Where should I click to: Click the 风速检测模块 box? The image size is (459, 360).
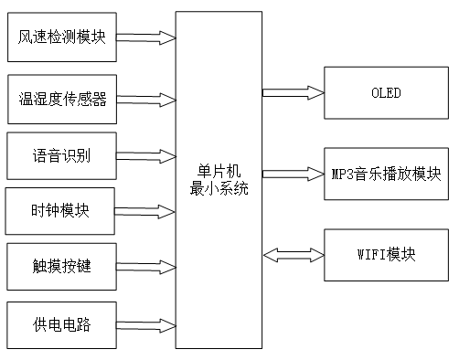point(62,38)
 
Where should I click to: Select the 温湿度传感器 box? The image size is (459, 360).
point(62,99)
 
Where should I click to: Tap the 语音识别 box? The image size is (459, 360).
point(61,155)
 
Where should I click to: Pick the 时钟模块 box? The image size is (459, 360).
point(60,211)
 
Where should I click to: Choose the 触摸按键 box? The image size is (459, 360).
point(61,268)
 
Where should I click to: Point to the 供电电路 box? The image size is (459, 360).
point(61,324)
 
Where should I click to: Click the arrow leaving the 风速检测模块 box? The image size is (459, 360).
point(145,38)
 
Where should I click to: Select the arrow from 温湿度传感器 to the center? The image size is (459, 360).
point(145,98)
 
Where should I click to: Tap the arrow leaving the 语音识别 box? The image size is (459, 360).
point(145,155)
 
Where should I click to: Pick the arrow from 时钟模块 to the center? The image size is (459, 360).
point(145,212)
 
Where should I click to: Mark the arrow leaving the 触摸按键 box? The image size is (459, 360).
point(145,269)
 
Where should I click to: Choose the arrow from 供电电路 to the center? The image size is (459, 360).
point(145,324)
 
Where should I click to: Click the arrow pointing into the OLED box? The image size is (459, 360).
point(293,91)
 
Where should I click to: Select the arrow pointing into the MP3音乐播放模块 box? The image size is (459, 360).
point(293,172)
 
